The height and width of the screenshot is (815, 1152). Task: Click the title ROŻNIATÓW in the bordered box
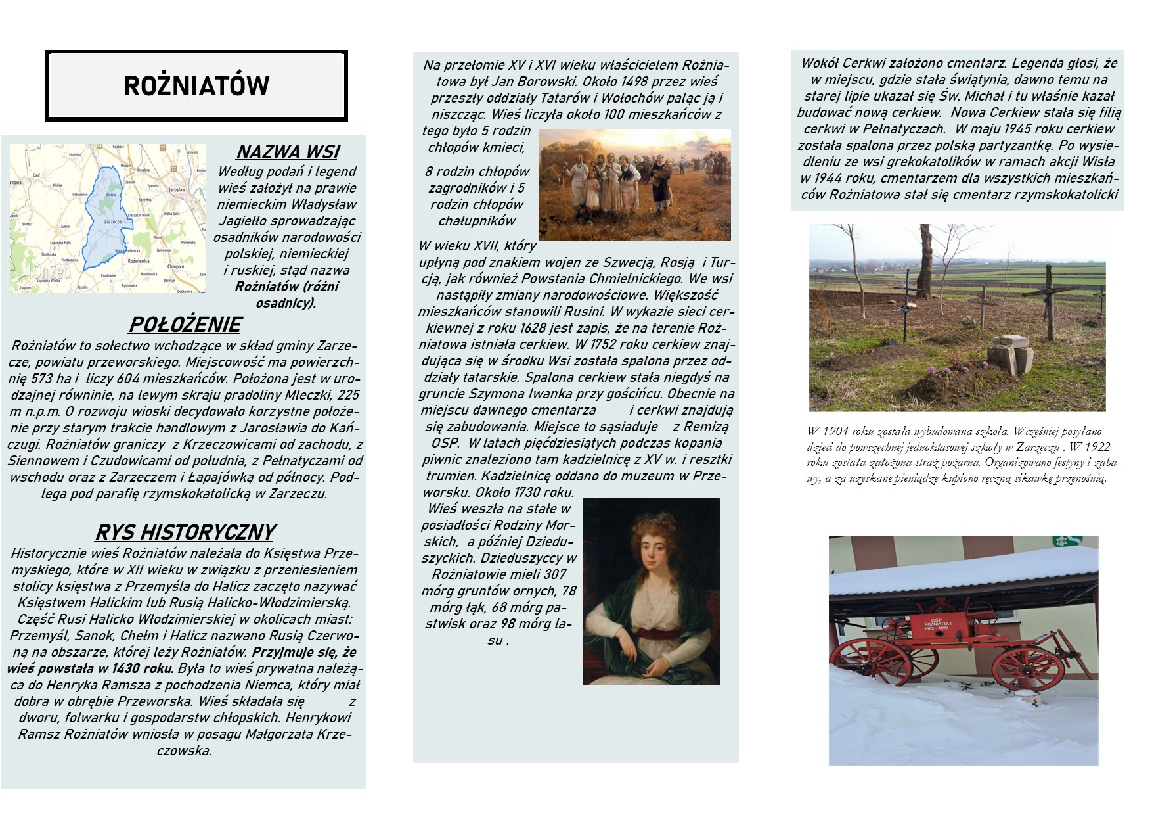(x=196, y=86)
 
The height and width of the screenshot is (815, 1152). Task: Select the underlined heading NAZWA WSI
(x=287, y=152)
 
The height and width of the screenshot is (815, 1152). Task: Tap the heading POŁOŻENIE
(x=185, y=325)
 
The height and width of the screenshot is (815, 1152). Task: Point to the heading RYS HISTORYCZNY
(x=185, y=532)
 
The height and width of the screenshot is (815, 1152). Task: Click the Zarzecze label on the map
(x=112, y=221)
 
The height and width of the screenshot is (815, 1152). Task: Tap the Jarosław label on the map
(x=177, y=189)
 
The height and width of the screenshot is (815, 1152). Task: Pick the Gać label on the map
(x=37, y=175)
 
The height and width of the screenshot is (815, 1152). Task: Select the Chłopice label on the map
(x=175, y=267)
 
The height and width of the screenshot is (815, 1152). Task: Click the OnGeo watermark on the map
(x=51, y=271)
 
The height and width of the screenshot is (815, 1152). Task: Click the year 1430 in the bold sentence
(x=131, y=668)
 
